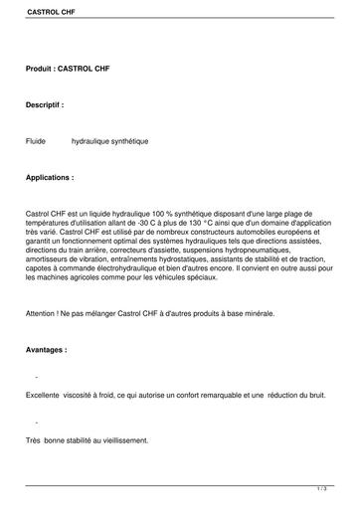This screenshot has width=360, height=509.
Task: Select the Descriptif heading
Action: click(46, 104)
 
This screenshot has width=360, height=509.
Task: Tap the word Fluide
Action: click(37, 141)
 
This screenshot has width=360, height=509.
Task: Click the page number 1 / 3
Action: click(321, 488)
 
